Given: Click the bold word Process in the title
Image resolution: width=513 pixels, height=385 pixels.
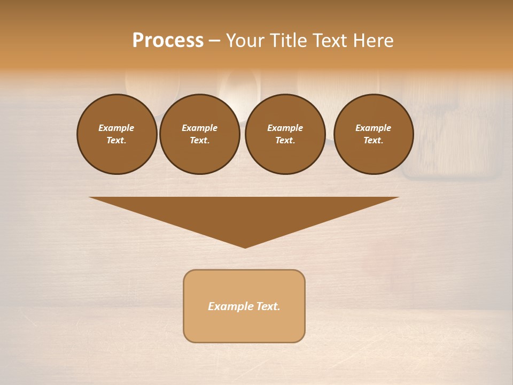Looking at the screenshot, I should (x=168, y=41).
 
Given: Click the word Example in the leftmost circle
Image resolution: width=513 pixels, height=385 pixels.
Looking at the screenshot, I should (x=116, y=128).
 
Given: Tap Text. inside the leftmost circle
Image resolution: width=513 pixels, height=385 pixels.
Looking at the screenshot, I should (x=116, y=141).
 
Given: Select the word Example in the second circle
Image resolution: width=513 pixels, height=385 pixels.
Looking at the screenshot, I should (x=199, y=128).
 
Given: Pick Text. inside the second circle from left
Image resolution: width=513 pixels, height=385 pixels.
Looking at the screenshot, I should (x=199, y=141).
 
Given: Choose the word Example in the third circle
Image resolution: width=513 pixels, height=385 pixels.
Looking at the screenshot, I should (x=285, y=128).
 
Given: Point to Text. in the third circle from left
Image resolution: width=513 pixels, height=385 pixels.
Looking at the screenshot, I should (x=285, y=141).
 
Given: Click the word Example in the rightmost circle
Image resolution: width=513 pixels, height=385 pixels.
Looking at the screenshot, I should (x=373, y=128).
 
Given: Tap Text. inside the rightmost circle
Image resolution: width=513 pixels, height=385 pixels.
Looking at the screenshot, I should (x=373, y=141).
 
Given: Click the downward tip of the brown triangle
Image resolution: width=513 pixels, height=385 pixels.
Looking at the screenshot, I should (x=245, y=247).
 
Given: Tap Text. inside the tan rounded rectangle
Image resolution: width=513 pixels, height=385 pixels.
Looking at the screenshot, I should (x=267, y=306).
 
